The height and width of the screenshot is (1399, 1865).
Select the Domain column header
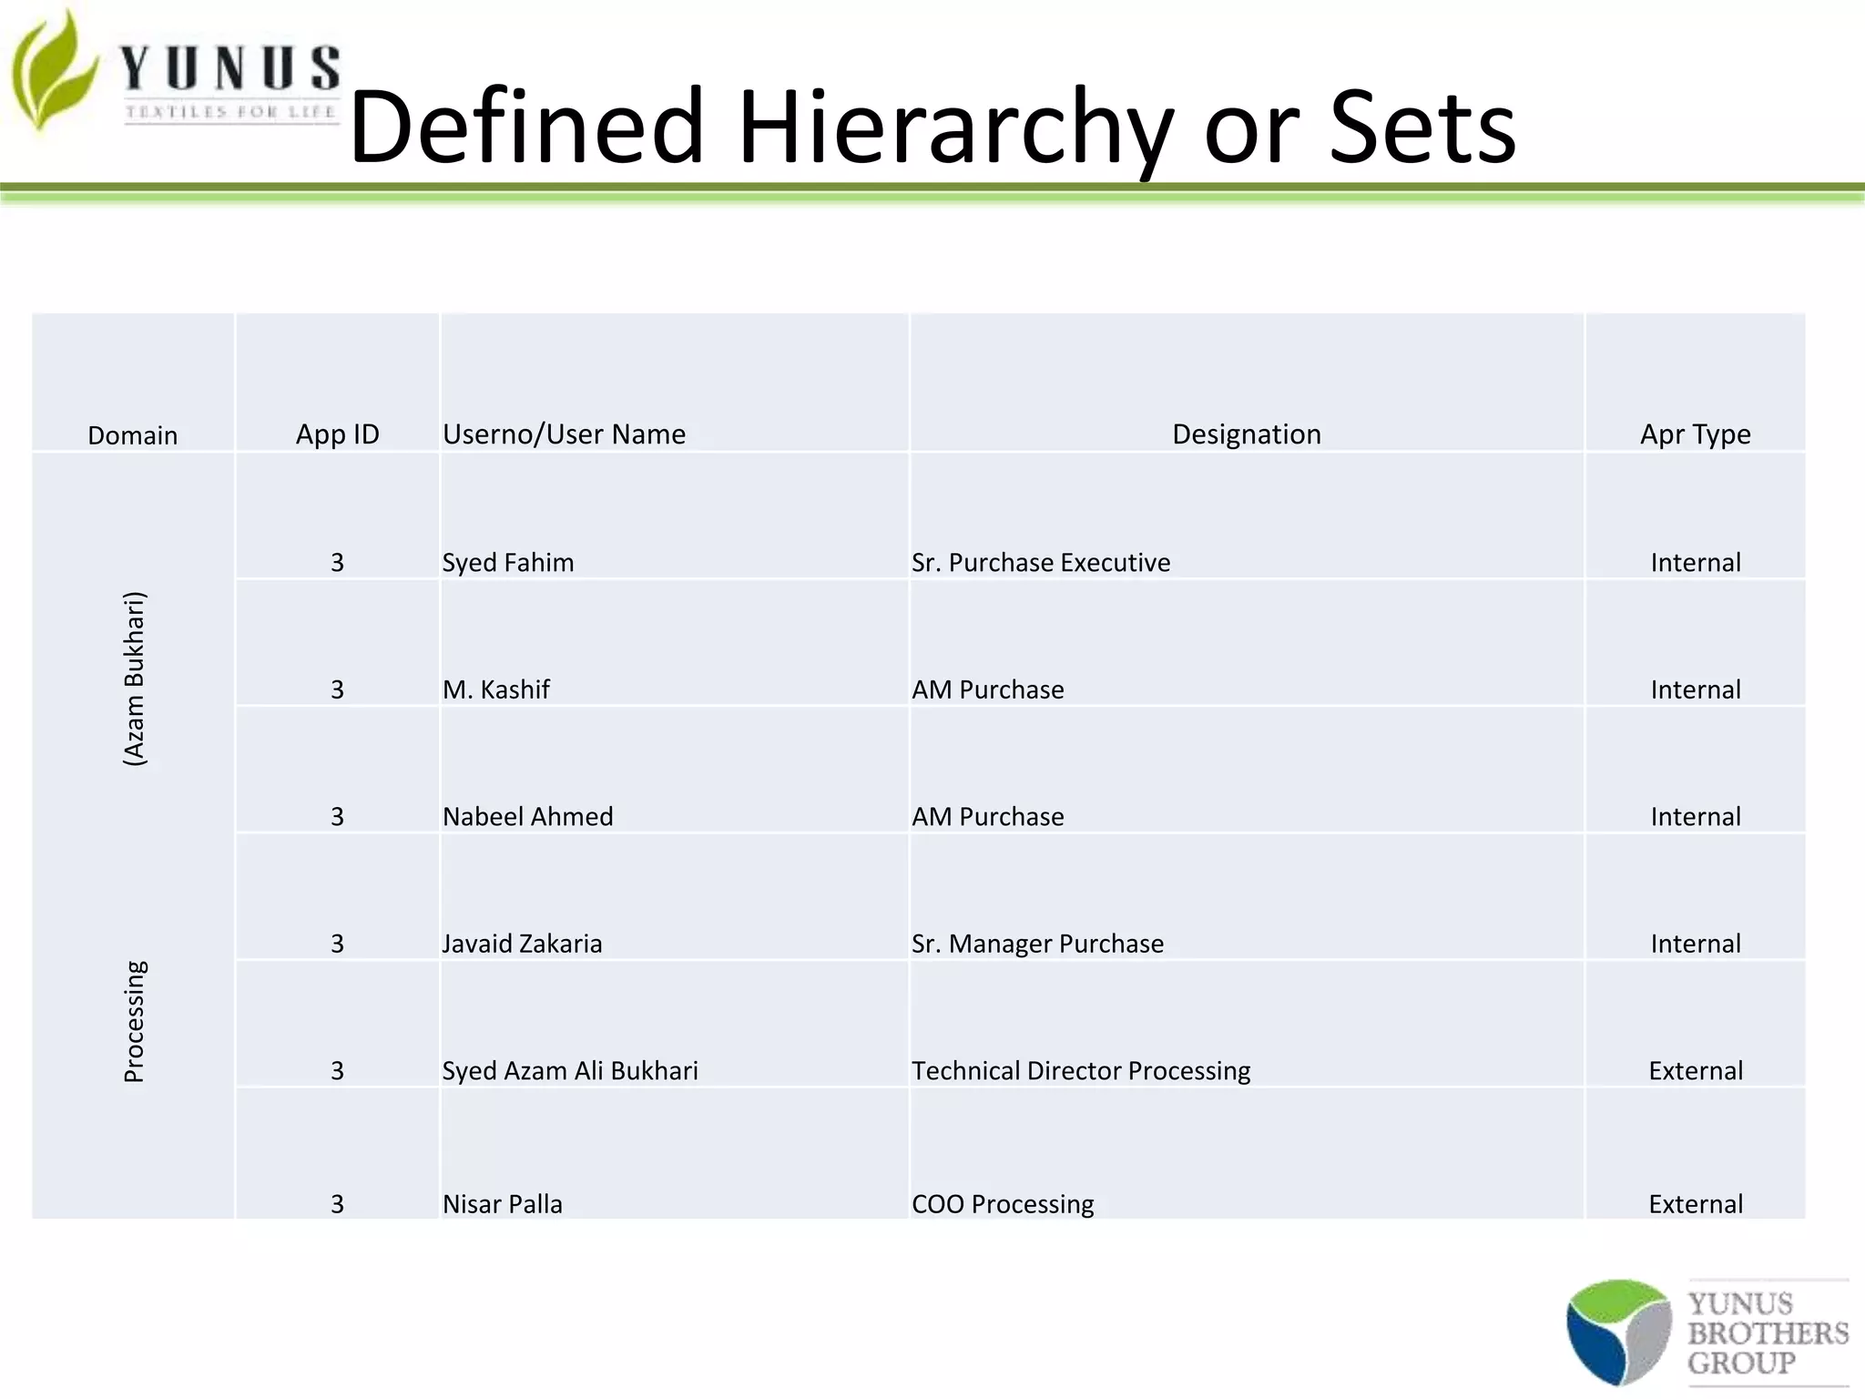[x=133, y=435]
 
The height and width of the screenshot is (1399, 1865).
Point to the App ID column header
[x=337, y=434]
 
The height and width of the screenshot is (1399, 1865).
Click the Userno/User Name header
[x=564, y=434]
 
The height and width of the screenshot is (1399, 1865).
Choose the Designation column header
[x=1246, y=434]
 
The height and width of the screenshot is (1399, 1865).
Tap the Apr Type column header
[x=1695, y=434]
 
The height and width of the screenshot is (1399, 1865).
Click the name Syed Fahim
[x=508, y=563]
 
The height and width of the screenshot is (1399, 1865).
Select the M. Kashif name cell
[x=496, y=689]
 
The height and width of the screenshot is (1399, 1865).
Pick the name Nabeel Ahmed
[x=527, y=817]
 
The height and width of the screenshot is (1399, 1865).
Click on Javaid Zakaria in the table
[x=522, y=944]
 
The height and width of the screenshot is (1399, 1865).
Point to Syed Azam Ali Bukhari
[x=570, y=1071]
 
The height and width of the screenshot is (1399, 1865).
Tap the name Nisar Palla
[x=503, y=1204]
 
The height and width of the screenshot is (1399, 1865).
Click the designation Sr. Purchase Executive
[x=1041, y=563]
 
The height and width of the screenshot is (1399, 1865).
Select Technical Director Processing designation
[x=1081, y=1071]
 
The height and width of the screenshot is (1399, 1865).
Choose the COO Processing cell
[x=1003, y=1204]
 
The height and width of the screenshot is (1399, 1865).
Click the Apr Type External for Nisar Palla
[x=1695, y=1204]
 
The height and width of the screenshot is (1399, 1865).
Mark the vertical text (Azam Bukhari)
[x=134, y=679]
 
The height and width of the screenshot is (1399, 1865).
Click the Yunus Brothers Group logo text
[x=1767, y=1333]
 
